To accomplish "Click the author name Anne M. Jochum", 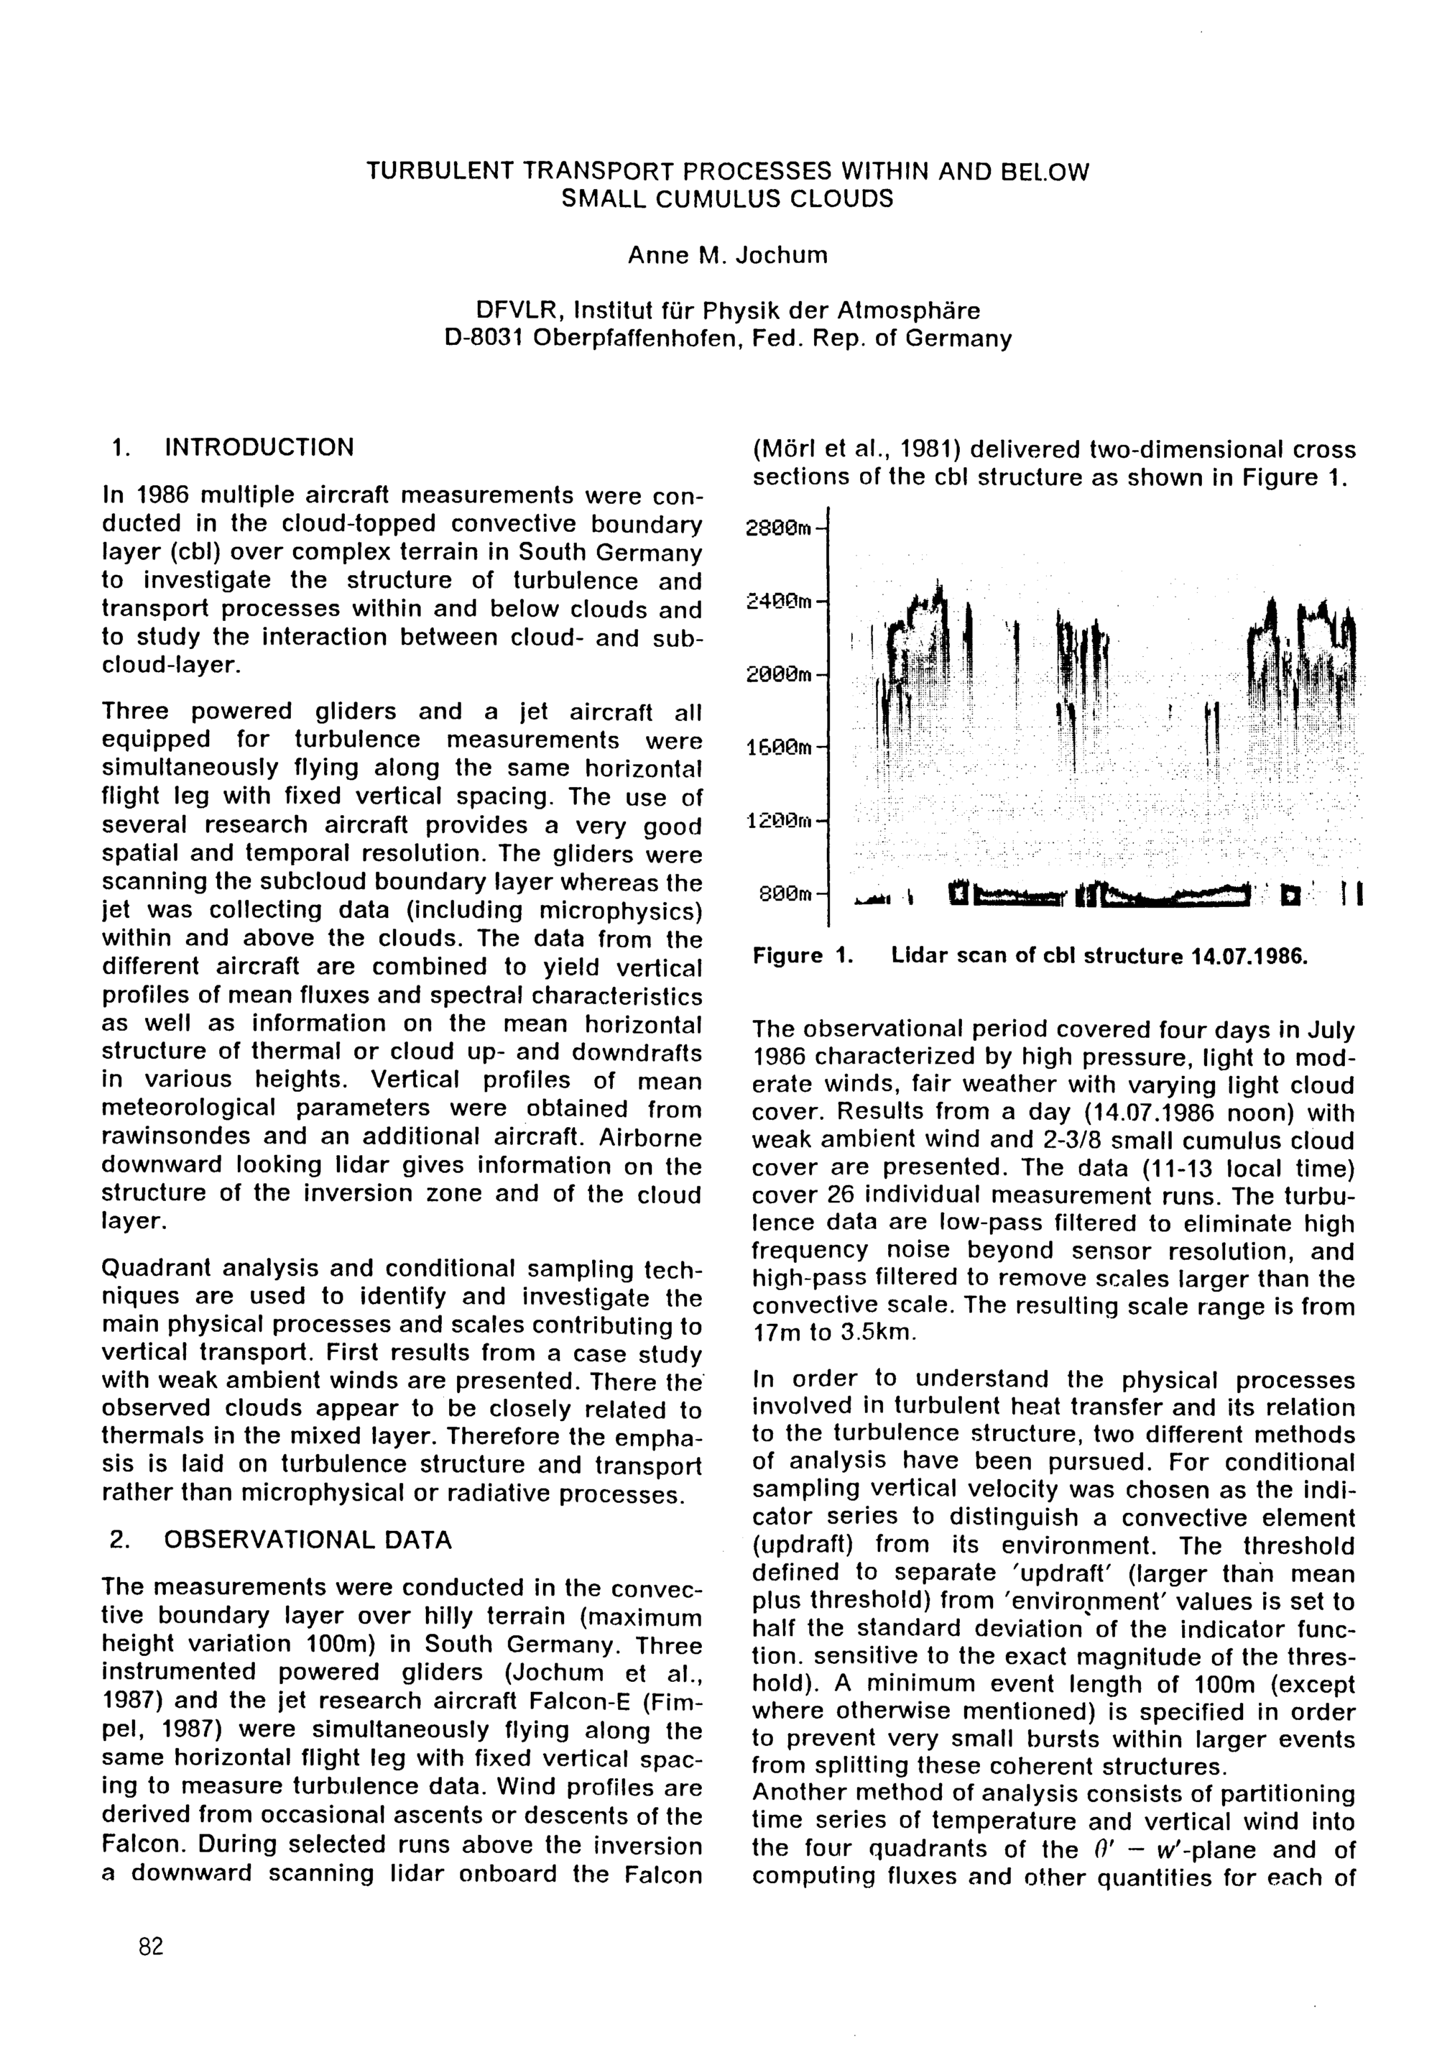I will coord(726,256).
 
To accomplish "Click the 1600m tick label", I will coord(777,747).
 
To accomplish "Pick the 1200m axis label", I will coord(777,819).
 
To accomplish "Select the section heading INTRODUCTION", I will coord(260,447).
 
